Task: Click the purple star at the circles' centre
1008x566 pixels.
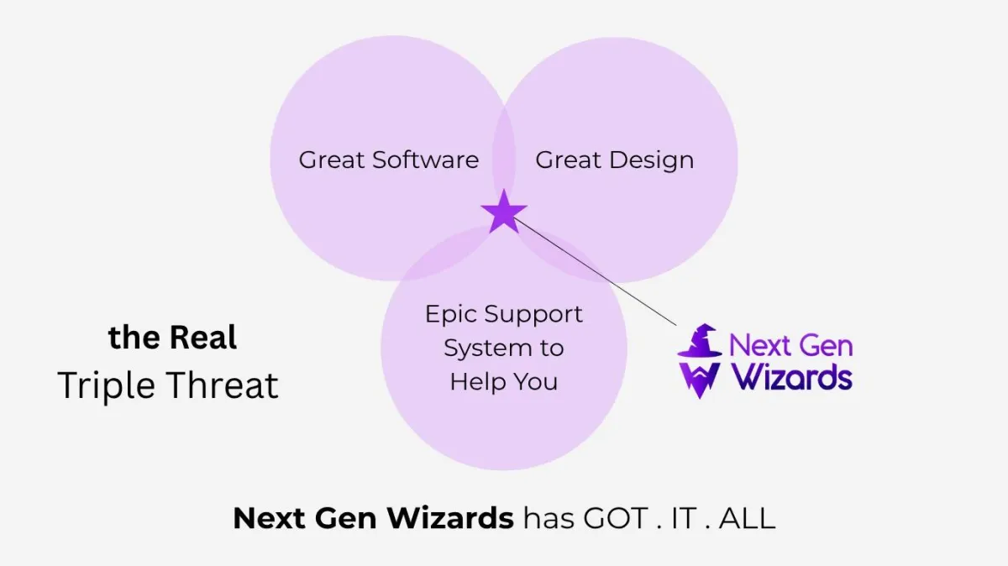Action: pos(504,212)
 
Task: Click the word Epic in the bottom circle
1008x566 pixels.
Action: pos(451,315)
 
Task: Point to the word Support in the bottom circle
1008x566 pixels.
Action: pos(533,315)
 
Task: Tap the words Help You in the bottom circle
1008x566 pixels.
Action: pos(504,381)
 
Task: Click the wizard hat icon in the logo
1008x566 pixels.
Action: pos(700,341)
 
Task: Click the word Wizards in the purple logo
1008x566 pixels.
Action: pos(791,377)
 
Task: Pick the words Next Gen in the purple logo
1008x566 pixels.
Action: pos(791,345)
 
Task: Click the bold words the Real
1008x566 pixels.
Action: pos(172,338)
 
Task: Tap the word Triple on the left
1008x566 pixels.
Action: pos(106,386)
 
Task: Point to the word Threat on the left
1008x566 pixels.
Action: pos(223,385)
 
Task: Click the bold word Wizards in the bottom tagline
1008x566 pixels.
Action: pos(450,518)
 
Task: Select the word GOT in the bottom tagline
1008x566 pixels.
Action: pos(616,518)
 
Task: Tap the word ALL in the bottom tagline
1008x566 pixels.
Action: pos(747,518)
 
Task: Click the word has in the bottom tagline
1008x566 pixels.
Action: pos(549,518)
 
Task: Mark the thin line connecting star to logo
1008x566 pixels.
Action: pos(595,271)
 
